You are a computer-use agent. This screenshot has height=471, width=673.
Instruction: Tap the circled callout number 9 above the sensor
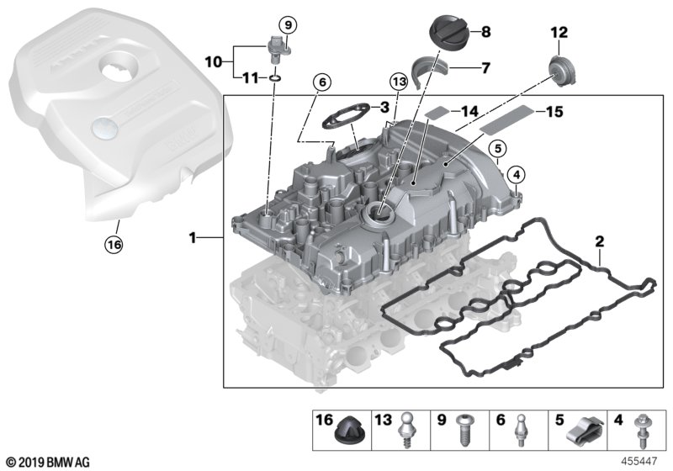point(286,24)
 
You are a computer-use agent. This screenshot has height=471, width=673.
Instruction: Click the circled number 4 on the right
point(516,175)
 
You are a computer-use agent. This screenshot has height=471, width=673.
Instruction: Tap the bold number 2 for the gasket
point(599,242)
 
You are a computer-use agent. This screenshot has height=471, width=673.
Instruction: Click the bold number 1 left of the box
point(193,239)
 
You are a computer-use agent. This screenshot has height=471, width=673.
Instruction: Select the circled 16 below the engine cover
point(113,245)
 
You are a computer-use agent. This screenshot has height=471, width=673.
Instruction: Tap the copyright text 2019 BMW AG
point(47,462)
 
